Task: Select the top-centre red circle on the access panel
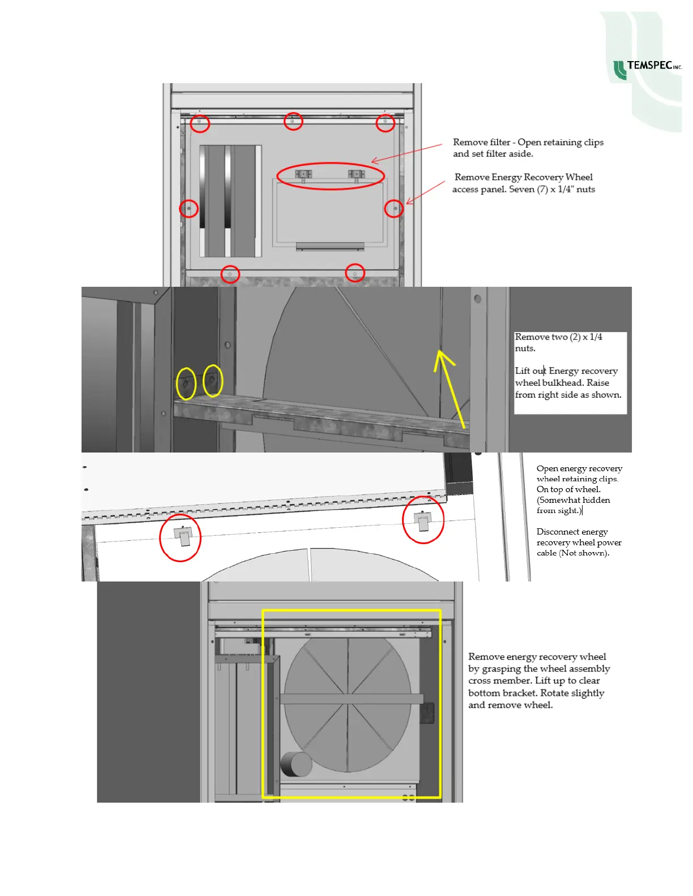[293, 121]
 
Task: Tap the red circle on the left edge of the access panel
[189, 209]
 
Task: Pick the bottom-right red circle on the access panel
[355, 273]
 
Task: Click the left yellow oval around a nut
[186, 384]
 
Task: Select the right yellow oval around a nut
[213, 380]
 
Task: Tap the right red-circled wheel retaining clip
[423, 520]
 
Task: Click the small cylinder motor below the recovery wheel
[297, 764]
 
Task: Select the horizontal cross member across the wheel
[351, 699]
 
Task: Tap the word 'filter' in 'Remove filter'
[498, 143]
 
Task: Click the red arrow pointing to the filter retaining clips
[406, 153]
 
